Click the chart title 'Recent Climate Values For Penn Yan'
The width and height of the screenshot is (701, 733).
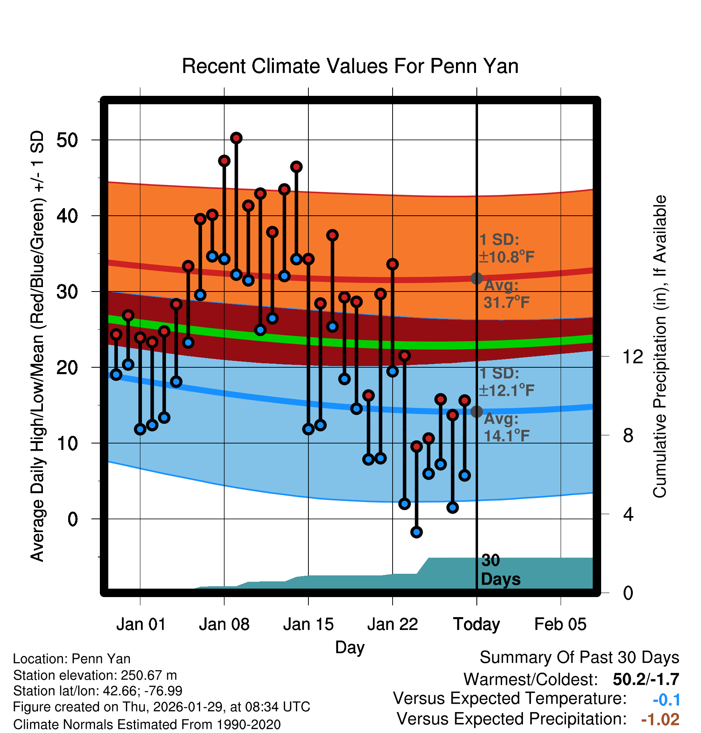click(350, 66)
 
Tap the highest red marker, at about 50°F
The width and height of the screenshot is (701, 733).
click(236, 138)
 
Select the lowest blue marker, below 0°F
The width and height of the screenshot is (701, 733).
click(416, 532)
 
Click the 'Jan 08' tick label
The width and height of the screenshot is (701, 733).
click(224, 624)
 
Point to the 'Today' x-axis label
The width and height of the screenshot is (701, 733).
click(476, 624)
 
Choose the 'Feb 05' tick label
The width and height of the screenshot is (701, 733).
click(560, 624)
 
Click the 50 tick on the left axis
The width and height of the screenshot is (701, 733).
click(67, 140)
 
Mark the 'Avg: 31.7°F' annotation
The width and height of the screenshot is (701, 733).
click(506, 294)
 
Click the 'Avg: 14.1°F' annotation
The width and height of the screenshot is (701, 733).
click(506, 427)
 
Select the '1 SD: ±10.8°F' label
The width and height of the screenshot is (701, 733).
click(506, 248)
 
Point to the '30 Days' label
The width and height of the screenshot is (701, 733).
click(500, 570)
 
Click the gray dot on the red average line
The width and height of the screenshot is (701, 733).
click(476, 278)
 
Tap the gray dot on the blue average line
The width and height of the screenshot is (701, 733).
click(476, 411)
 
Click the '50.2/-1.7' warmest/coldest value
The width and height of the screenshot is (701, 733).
click(646, 680)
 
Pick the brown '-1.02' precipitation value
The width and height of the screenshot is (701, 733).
click(660, 720)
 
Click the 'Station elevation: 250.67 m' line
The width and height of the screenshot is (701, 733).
click(95, 675)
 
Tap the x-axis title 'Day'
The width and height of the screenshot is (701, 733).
click(350, 647)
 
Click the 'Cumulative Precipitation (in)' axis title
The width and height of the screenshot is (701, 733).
click(660, 346)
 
